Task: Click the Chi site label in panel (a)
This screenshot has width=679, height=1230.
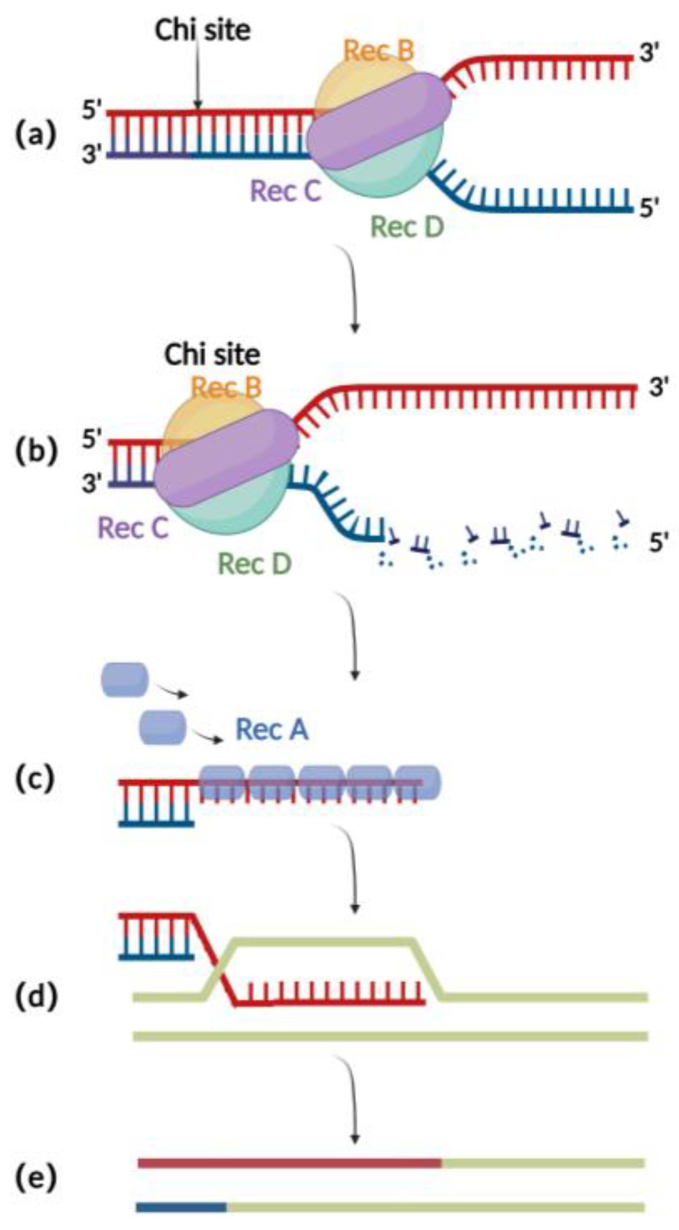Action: pos(203,31)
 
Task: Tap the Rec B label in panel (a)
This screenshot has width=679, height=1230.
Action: pos(379,51)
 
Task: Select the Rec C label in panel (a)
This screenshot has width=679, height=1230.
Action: pos(286,191)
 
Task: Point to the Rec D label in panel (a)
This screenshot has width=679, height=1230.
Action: pos(407,226)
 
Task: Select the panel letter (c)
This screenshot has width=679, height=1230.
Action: pos(35,780)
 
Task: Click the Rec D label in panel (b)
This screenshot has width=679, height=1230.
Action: pos(254,564)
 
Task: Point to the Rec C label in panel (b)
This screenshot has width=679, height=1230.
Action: pos(133,528)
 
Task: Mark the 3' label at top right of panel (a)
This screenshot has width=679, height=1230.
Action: pos(649,56)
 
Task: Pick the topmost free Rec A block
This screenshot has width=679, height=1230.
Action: pos(124,680)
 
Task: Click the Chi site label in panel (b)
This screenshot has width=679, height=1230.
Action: pos(212,354)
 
